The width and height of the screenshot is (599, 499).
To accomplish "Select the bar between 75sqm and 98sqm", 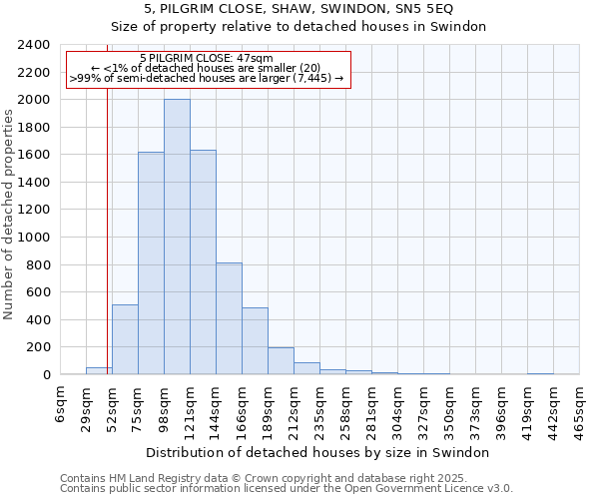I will click(151, 263).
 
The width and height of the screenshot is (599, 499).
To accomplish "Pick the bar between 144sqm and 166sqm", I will click(229, 318).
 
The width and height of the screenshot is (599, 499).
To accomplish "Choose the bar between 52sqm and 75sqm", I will click(125, 339).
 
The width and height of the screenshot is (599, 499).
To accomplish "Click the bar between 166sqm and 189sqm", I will click(255, 341).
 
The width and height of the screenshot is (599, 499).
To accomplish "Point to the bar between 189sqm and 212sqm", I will click(281, 361).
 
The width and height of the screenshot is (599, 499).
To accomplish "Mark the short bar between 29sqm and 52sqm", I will click(99, 371).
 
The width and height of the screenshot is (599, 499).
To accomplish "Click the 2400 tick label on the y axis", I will click(34, 45).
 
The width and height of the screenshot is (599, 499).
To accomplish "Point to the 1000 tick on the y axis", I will click(34, 238).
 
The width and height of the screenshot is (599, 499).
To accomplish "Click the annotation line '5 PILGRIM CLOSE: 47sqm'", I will click(207, 59).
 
